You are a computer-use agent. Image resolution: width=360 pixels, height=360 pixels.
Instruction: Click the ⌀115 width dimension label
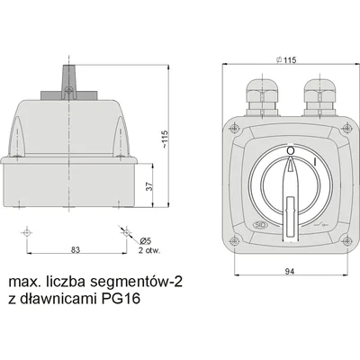[x=286, y=60]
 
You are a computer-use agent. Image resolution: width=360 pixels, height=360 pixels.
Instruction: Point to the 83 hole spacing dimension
[x=76, y=249]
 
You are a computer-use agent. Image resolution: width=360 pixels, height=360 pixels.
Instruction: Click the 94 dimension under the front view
[x=290, y=272]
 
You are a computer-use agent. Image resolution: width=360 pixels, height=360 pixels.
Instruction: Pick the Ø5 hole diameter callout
[x=146, y=240]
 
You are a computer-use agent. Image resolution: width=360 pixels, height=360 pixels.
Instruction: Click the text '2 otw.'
[x=149, y=250]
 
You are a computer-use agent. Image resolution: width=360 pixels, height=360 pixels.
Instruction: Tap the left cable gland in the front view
[x=263, y=97]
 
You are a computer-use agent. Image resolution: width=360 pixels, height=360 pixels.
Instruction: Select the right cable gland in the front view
[x=320, y=97]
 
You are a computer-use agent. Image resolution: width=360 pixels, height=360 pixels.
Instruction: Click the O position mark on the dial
[x=291, y=150]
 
